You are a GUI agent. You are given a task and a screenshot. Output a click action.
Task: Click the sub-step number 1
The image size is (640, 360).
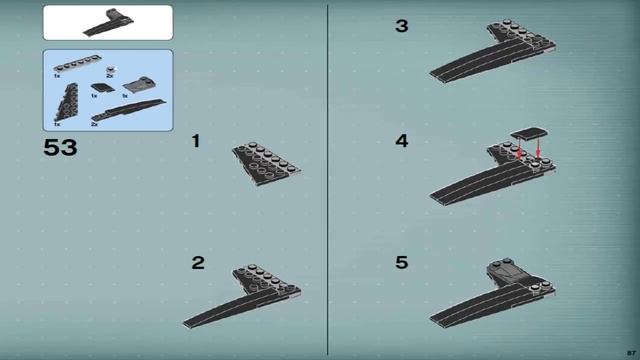coord(196,142)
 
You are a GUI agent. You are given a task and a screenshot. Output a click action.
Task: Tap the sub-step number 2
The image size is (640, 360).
coord(198,263)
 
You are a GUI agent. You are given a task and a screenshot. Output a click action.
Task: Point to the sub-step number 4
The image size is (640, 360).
coord(401,142)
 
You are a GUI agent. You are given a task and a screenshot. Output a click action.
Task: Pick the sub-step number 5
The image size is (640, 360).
coord(401,263)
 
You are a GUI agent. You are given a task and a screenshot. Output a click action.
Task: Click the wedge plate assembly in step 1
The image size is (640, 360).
coord(268,160)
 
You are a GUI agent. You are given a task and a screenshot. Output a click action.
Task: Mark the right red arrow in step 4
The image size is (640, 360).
coord(538,150)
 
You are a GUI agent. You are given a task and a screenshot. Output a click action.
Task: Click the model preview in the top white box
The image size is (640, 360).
coord(107,21)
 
